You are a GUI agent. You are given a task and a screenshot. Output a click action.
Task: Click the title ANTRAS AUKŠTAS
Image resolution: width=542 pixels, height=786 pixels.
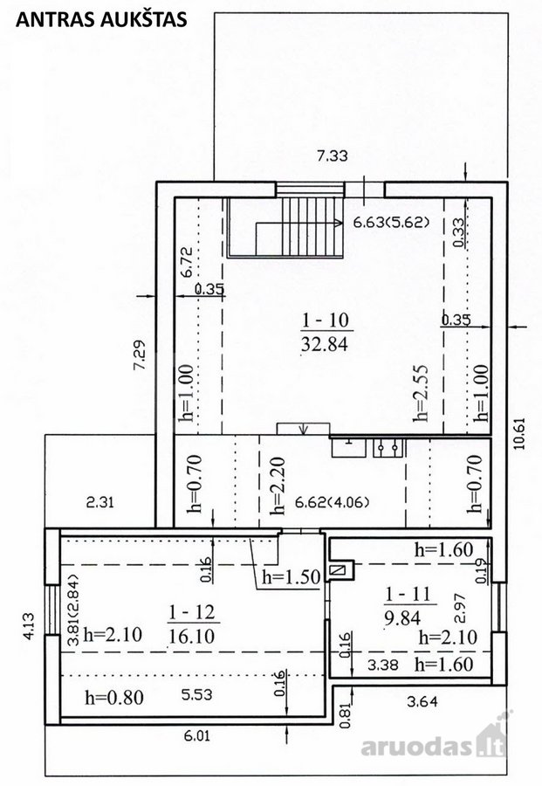(x=101, y=19)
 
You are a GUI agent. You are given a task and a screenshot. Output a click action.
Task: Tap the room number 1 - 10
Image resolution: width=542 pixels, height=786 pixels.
(x=326, y=320)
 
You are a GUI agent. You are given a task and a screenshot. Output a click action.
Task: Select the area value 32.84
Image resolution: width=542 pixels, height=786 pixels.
(x=325, y=344)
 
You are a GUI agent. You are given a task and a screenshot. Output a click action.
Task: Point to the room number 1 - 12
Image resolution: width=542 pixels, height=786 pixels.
(x=191, y=612)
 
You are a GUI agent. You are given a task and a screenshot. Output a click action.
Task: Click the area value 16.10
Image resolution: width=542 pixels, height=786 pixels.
(x=191, y=637)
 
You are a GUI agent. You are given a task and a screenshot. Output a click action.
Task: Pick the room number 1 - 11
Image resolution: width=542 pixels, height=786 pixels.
(x=408, y=594)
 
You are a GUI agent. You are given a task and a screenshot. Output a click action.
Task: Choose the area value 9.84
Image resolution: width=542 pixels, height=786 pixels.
(x=402, y=618)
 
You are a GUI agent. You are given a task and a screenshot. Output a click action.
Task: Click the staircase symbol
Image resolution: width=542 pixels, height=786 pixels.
(x=285, y=227)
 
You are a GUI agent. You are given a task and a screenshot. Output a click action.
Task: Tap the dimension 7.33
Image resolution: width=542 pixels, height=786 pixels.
(x=333, y=156)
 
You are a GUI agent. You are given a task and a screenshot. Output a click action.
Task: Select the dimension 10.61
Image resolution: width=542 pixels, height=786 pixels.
(x=520, y=433)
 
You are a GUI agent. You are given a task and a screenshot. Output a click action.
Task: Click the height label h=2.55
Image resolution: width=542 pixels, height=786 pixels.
(x=422, y=393)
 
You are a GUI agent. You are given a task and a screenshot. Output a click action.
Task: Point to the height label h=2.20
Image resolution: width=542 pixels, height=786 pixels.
(x=277, y=486)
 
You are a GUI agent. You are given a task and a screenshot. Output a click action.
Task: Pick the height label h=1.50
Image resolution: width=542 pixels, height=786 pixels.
(x=291, y=577)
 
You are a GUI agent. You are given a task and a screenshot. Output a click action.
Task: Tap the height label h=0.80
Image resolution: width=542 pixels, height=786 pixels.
(x=114, y=697)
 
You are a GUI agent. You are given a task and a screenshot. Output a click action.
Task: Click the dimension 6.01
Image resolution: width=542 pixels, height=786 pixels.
(x=198, y=736)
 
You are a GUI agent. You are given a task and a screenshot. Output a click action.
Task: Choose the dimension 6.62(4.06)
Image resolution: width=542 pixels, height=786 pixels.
(x=333, y=502)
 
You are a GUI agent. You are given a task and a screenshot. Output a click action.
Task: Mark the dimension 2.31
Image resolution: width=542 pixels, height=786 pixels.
(x=100, y=502)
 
